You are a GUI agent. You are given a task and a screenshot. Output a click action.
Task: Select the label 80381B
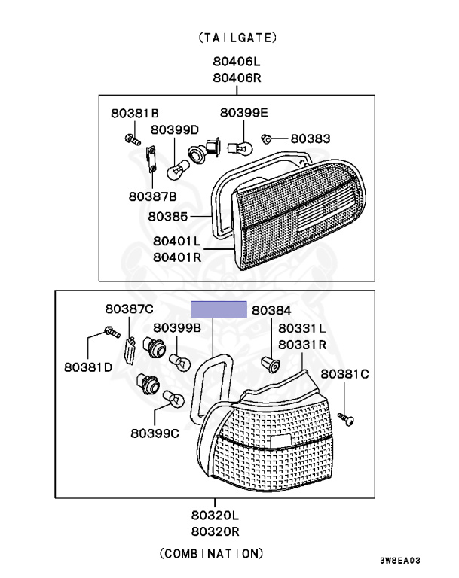[135, 114]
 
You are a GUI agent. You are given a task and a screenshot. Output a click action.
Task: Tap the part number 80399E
[243, 113]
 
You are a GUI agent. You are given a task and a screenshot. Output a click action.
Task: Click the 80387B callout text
[152, 196]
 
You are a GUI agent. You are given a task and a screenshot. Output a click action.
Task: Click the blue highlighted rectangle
[219, 309]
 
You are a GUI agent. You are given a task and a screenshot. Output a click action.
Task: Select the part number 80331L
[301, 329]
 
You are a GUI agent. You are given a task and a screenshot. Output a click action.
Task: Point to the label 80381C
[344, 373]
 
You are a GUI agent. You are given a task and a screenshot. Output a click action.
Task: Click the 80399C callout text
[155, 433]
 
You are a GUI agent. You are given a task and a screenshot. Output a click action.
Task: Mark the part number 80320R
[215, 531]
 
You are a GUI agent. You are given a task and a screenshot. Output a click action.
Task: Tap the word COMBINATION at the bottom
[212, 554]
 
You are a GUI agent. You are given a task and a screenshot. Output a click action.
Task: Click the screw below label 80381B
[133, 139]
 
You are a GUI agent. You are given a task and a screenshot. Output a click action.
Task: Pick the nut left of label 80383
[267, 139]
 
